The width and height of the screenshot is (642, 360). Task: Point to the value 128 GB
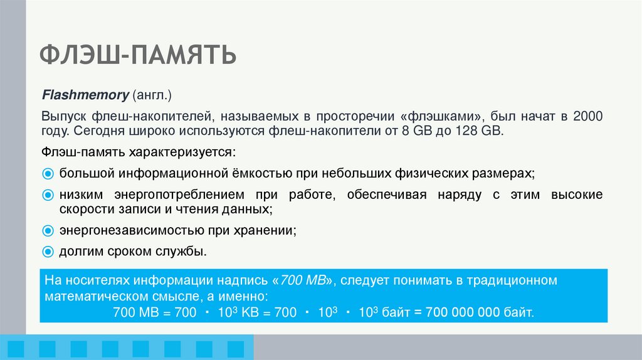coord(480,132)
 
